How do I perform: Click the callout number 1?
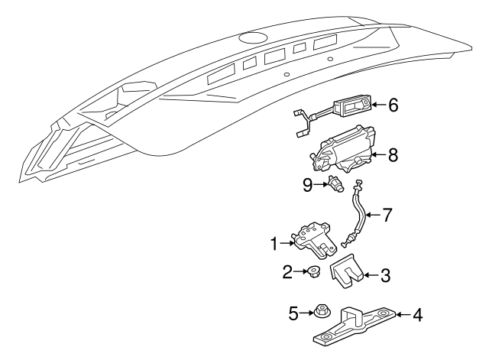(272, 244)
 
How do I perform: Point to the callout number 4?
(417, 313)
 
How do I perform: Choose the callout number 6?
(393, 105)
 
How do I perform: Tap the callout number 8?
(393, 155)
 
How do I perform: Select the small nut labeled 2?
(313, 271)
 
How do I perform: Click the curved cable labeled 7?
(357, 218)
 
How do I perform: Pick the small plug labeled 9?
(336, 183)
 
